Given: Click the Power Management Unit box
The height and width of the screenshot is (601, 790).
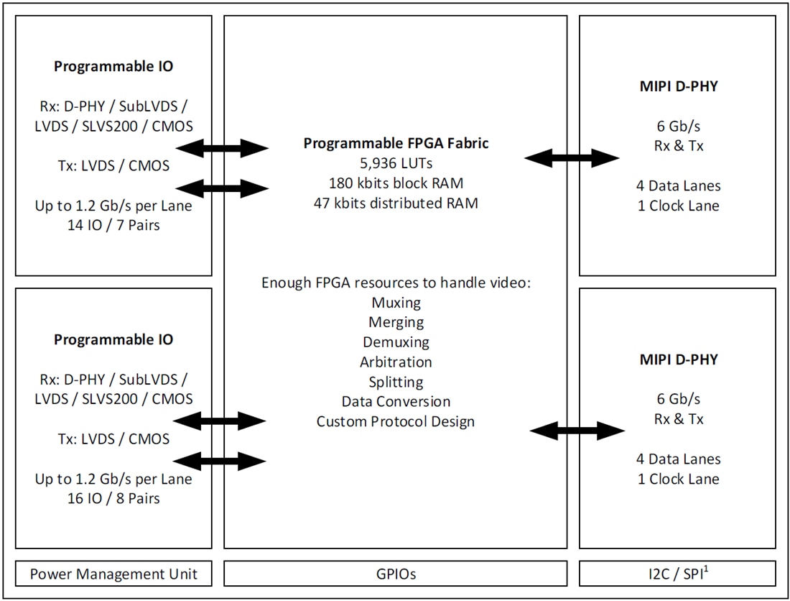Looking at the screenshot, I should [x=113, y=574].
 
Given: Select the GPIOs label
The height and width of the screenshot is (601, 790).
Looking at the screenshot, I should [x=396, y=574].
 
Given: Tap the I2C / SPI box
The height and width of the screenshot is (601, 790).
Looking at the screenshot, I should [x=677, y=574].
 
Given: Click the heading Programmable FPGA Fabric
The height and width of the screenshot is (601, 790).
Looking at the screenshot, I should [x=396, y=143].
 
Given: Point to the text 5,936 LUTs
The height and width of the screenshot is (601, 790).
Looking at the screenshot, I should [x=396, y=163].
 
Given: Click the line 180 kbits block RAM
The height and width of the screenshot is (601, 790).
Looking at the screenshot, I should [x=396, y=183].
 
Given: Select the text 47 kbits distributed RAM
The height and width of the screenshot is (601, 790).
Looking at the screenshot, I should [x=396, y=203].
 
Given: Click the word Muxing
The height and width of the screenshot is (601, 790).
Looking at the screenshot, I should [x=396, y=302].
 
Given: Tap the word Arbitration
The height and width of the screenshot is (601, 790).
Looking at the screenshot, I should [x=396, y=362].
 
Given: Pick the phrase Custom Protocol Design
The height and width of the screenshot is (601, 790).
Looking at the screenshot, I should [x=396, y=421].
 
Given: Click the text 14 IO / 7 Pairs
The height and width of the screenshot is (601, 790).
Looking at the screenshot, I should [x=113, y=226].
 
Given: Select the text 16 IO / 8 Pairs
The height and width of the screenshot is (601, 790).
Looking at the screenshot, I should [x=113, y=497].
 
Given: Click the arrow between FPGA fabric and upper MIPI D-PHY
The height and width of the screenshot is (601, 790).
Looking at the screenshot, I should [x=572, y=157].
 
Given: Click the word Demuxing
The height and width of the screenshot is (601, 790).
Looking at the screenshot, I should [x=396, y=341].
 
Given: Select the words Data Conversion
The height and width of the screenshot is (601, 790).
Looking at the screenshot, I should [x=396, y=401].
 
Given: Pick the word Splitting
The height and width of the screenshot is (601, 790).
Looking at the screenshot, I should [x=396, y=382].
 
